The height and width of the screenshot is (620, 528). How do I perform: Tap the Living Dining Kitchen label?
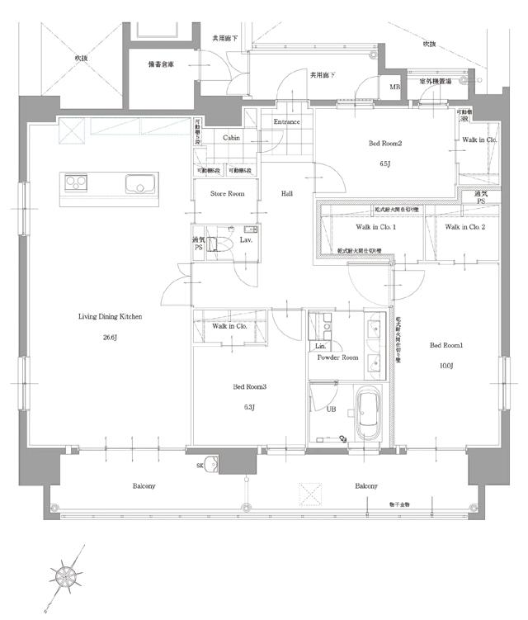(x=111, y=316)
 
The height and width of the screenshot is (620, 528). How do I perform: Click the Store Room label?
(x=228, y=194)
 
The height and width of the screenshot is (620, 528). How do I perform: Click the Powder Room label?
(x=338, y=357)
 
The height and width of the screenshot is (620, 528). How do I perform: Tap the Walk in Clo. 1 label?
(x=376, y=227)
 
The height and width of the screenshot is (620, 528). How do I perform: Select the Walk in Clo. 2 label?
(x=464, y=227)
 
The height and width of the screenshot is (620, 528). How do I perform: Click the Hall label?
(x=287, y=194)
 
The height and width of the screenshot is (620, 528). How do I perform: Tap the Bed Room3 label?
(x=249, y=386)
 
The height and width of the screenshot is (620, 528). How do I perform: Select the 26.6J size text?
(x=111, y=337)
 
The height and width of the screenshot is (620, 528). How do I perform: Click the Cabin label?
(x=231, y=138)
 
